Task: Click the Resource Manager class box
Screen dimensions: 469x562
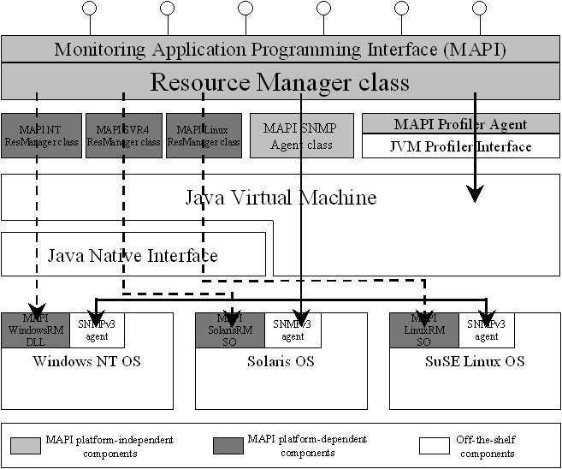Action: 280,82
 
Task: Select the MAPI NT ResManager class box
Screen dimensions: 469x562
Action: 39,135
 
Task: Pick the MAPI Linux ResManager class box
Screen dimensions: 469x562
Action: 204,135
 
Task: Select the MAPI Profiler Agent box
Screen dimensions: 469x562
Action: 459,124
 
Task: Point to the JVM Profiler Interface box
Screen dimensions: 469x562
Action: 459,146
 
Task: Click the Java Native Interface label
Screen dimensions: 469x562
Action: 133,255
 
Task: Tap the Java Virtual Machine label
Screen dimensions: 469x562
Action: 281,198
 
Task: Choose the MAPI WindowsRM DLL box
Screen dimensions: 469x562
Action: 35,329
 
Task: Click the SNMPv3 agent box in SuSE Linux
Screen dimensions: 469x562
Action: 487,329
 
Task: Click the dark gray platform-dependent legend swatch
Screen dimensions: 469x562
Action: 225,445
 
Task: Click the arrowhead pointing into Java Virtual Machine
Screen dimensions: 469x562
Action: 476,194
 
